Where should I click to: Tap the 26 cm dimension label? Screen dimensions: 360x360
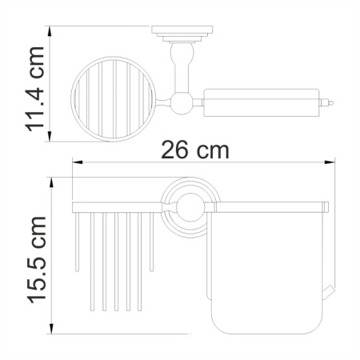(x=194, y=150)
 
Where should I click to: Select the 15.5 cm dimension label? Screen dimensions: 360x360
(x=34, y=259)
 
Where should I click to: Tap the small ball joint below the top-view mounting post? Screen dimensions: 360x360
(x=178, y=102)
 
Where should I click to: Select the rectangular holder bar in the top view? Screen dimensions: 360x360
(x=264, y=102)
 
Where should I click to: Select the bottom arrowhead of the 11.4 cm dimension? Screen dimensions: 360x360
(x=50, y=135)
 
